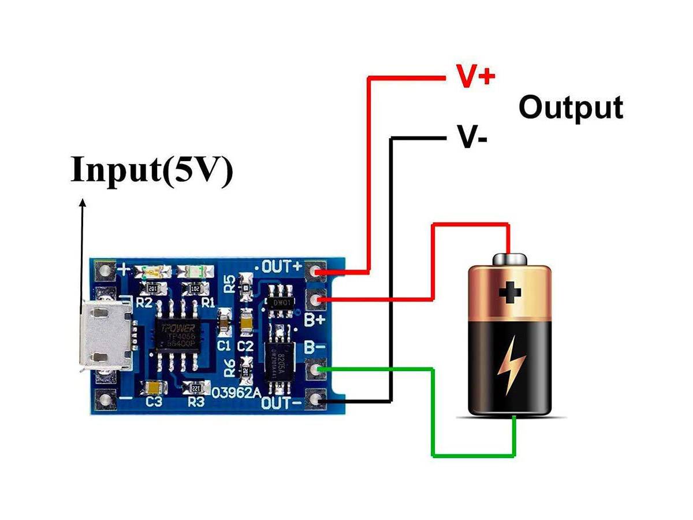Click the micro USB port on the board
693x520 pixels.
[107, 338]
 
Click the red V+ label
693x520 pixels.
[475, 76]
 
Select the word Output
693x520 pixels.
[571, 107]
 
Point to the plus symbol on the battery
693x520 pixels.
[509, 292]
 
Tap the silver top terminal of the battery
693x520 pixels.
[509, 259]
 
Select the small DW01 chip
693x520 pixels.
[281, 301]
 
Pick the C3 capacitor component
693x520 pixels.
[154, 388]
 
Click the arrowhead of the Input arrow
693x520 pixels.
[83, 203]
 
